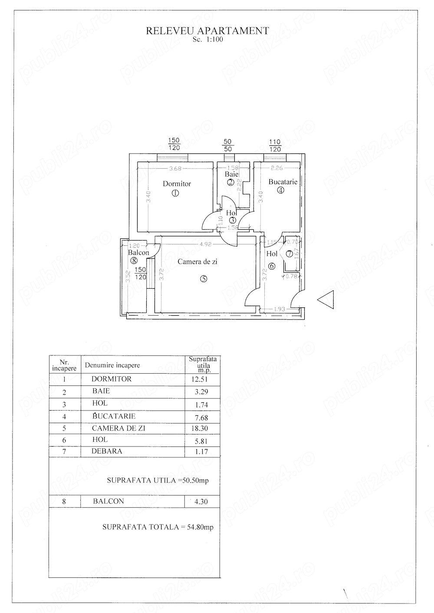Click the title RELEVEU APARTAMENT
207,31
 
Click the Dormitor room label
177,184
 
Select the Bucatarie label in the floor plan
283,182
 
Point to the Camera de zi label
197,262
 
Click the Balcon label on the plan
138,253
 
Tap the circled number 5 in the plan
204,279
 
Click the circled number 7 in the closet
289,254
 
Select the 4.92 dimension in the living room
206,244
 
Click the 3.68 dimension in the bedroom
175,169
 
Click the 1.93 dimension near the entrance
279,309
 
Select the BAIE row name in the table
101,391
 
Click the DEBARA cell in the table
107,451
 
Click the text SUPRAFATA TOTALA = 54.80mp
158,527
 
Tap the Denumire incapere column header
112,365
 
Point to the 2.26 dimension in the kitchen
277,169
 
